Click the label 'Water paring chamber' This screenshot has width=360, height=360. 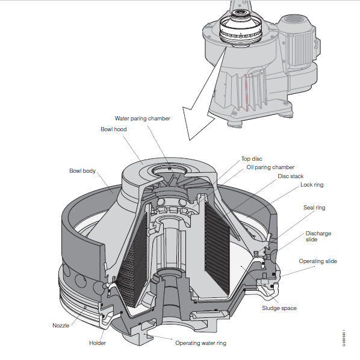tap(142, 119)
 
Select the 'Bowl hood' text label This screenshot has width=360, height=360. tap(113, 129)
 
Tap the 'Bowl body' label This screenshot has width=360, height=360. tap(82, 172)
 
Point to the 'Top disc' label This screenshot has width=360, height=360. tap(252, 159)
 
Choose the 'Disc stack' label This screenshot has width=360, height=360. tap(291, 176)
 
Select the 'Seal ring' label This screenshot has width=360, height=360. tap(314, 207)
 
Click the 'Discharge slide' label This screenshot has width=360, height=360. tap(318, 236)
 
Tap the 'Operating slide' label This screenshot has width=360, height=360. tap(318, 261)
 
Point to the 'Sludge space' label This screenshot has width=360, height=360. tap(279, 308)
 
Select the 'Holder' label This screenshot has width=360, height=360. tap(98, 343)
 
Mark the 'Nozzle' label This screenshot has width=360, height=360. tap(62, 325)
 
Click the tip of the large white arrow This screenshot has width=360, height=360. tap(188, 137)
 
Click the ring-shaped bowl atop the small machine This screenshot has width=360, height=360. tap(241, 28)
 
